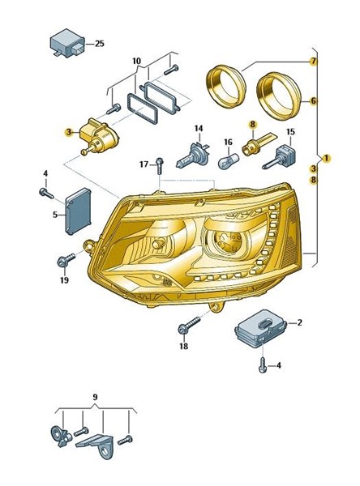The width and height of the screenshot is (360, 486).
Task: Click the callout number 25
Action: point(99,44)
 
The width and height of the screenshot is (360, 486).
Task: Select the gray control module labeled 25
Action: point(67,44)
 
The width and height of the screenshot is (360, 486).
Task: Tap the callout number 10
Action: point(136,61)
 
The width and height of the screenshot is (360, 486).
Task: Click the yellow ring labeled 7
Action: point(226,86)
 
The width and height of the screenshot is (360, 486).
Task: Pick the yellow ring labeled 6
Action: point(279,96)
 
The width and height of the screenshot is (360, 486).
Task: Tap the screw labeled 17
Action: point(160,165)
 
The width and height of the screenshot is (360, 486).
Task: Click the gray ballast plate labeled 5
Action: point(78,211)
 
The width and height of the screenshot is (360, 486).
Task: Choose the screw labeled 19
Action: point(66,260)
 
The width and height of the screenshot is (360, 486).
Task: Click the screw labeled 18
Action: point(189,325)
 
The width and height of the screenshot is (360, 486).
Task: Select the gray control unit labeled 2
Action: point(260,328)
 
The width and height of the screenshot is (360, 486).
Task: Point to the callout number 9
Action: point(96,397)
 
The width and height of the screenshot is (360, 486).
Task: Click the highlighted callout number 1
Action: point(326,159)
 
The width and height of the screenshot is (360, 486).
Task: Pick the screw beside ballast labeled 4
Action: point(46,193)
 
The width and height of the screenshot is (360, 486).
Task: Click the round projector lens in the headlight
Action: point(229,241)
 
